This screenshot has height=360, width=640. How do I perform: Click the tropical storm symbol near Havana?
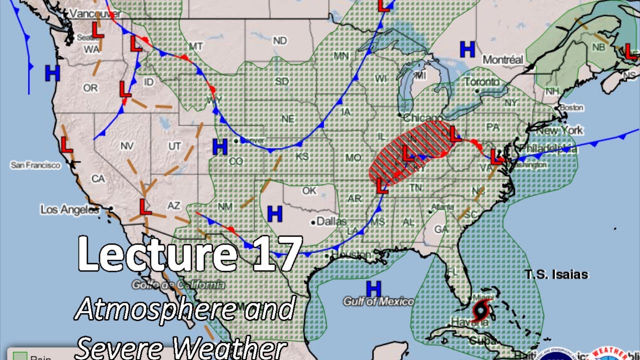481,311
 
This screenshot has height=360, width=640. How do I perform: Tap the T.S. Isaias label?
556,274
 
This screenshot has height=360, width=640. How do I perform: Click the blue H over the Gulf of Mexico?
373,288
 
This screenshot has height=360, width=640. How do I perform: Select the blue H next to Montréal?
467,49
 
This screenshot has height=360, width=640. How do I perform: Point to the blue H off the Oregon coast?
52,73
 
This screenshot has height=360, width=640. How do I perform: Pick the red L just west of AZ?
145,205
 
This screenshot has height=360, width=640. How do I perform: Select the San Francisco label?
35,165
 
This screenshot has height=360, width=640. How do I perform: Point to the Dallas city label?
331,221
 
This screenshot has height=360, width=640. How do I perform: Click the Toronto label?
481,81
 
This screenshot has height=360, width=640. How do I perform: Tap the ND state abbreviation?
280,40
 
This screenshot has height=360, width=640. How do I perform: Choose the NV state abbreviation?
127,146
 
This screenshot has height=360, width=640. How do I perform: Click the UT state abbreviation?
174,146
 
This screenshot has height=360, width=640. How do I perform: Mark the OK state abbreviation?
309,190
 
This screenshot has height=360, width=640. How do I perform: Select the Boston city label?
571,107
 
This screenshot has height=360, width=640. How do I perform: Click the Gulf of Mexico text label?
378,301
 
